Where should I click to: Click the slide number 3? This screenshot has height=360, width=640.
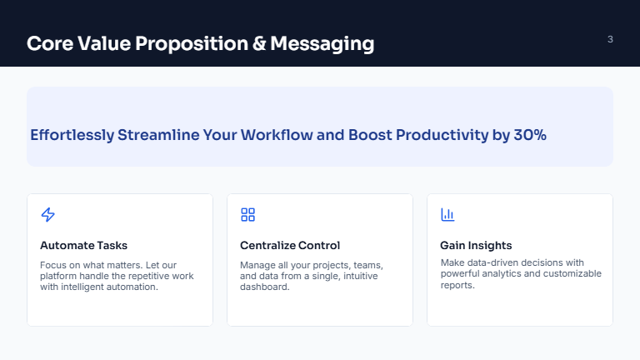point(610,39)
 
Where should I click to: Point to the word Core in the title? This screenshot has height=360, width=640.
point(51,43)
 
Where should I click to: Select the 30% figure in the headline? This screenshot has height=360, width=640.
point(530,135)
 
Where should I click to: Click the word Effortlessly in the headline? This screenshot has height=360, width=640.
point(72,135)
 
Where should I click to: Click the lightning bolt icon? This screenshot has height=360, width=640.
point(47,215)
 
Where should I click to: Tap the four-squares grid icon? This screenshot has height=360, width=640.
point(247,215)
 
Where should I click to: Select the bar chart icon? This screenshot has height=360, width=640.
point(447,215)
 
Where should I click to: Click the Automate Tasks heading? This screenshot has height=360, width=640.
point(83,245)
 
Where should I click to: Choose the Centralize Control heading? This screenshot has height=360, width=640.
point(290,245)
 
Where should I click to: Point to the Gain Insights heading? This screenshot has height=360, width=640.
point(476,245)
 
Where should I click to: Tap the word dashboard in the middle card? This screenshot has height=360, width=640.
point(264,287)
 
